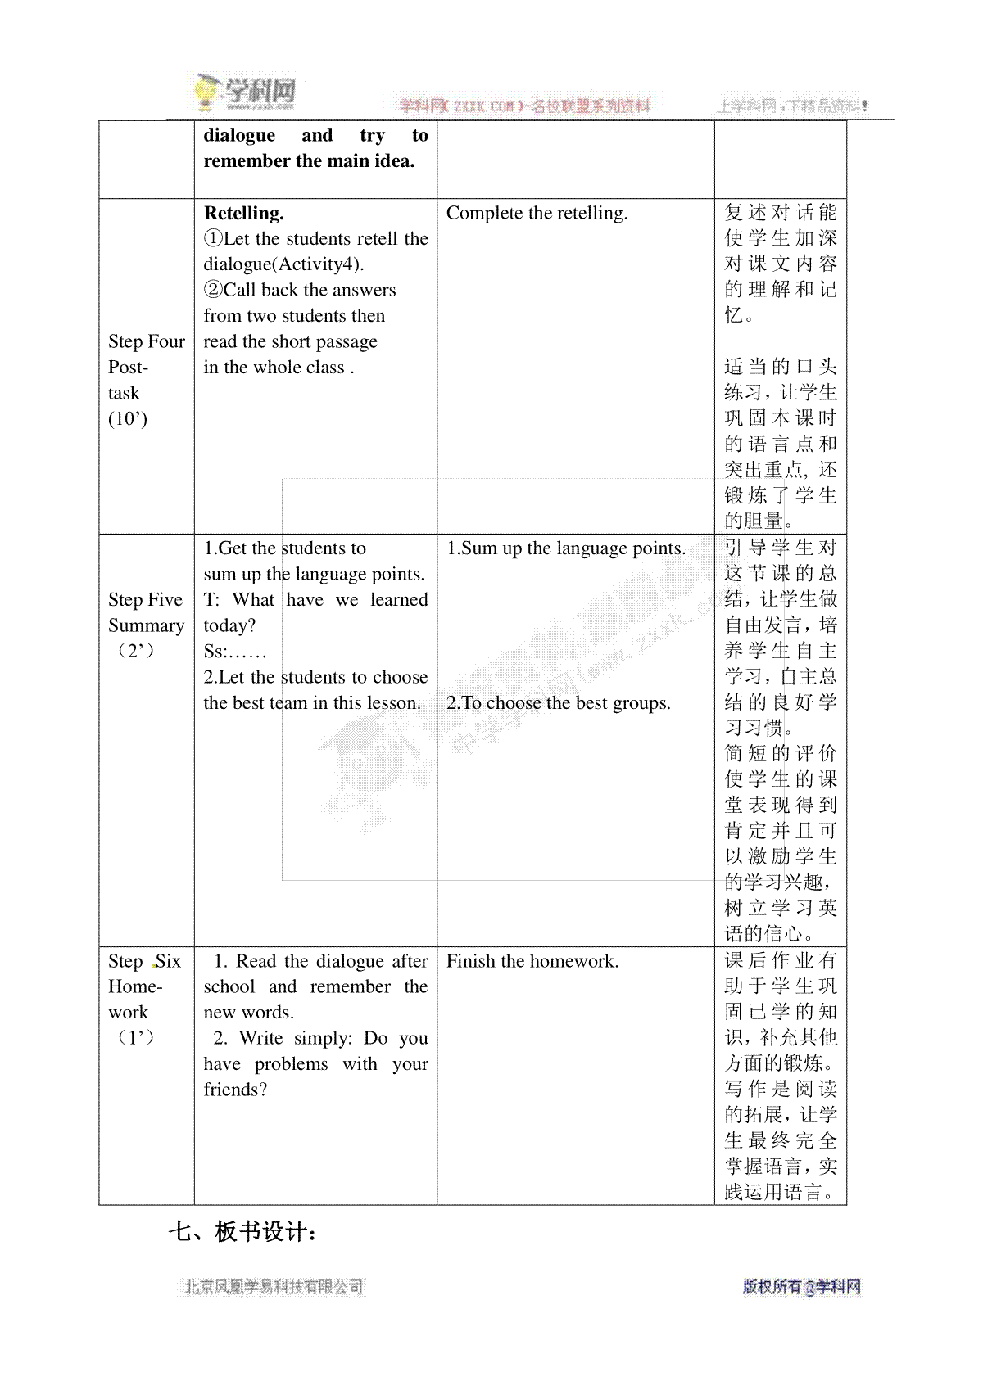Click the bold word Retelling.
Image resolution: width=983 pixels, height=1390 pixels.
tap(243, 214)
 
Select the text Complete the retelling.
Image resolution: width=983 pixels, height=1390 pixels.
tap(537, 214)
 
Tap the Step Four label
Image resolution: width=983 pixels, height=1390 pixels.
tap(147, 342)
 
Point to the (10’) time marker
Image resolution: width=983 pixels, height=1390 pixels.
tap(128, 419)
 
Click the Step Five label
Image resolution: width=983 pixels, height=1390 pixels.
tap(145, 600)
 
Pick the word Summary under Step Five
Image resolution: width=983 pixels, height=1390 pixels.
tap(146, 625)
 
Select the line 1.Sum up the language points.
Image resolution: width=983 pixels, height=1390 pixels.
tap(566, 548)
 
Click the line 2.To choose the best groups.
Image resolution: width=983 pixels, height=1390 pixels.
tap(558, 703)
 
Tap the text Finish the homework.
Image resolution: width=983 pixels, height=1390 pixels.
tap(532, 961)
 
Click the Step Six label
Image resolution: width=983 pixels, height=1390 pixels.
tap(144, 961)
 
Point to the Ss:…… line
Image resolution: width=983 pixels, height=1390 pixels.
tap(235, 652)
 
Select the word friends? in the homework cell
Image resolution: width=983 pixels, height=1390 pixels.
tap(235, 1090)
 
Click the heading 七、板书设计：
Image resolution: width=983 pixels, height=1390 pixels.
tap(242, 1232)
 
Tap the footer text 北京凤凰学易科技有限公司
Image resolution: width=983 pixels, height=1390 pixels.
tap(274, 1287)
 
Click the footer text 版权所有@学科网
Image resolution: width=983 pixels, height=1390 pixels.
tap(801, 1287)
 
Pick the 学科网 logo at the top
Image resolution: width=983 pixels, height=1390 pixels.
tap(246, 93)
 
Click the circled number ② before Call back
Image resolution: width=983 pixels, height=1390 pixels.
tap(213, 290)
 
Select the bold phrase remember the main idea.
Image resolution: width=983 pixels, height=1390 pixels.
tap(309, 161)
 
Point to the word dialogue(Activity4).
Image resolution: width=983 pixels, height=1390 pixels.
tap(283, 264)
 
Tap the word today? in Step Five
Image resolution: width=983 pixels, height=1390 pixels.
tap(229, 625)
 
